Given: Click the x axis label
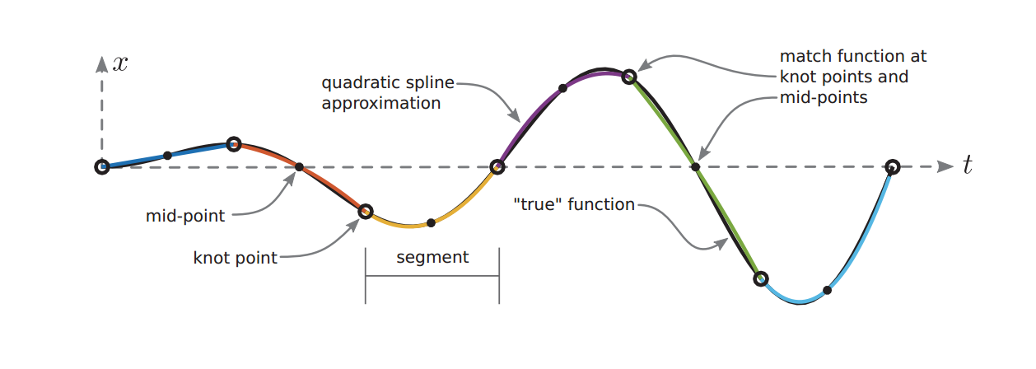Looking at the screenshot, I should coord(120,63).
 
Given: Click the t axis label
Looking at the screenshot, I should coord(968,166).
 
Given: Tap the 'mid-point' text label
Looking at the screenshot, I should coord(185,217).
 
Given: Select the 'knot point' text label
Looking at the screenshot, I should coord(236,258).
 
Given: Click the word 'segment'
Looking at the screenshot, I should coord(432,257).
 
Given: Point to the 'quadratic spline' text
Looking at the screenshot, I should coord(387,83).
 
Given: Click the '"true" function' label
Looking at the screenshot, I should coord(573,204).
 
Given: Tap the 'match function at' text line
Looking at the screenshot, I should coord(853,57).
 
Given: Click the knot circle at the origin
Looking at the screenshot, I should coord(101,167).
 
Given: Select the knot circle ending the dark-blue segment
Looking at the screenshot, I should coord(233,144).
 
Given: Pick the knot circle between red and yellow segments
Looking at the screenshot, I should coord(366,212).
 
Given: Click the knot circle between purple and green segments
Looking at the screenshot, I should coord(629,77).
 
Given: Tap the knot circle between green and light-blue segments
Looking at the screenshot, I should coord(761,278).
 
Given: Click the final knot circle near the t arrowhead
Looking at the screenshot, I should coord(893,166).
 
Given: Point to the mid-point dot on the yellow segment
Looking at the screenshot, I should coord(431,223).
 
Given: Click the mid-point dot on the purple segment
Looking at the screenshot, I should coord(563,87).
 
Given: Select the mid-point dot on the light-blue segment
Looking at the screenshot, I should coord(827,290).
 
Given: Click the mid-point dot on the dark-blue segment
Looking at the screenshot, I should coord(167,155).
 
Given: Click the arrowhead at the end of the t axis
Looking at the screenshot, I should coord(945,166).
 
